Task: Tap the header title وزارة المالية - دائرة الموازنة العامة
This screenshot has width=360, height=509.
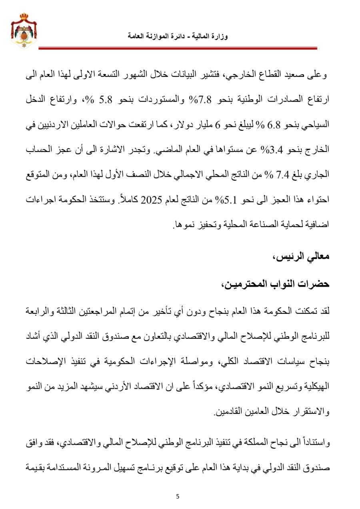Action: (x=178, y=36)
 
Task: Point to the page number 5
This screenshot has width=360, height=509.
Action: (x=178, y=497)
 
